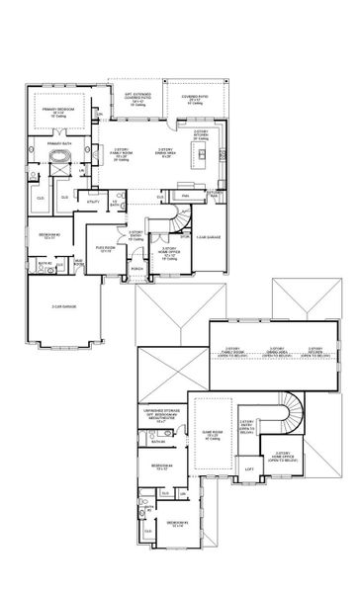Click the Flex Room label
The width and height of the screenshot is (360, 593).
[105, 248]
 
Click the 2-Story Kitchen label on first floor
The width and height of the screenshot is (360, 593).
[201, 134]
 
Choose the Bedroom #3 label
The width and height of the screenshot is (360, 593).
[178, 524]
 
